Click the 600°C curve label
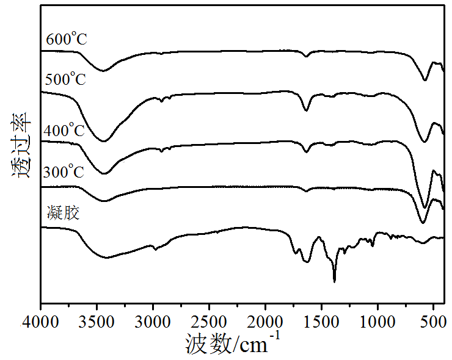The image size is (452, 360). point(67,40)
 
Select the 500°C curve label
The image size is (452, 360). point(65,79)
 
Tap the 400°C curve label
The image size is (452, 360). point(64,131)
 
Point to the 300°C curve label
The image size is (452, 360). point(63,173)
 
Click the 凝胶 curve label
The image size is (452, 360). point(62,214)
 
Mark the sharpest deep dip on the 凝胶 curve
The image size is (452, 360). point(334,281)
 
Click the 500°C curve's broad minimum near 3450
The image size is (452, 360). point(104,141)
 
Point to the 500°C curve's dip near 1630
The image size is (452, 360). point(307,110)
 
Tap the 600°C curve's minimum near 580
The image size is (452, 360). point(425,80)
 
